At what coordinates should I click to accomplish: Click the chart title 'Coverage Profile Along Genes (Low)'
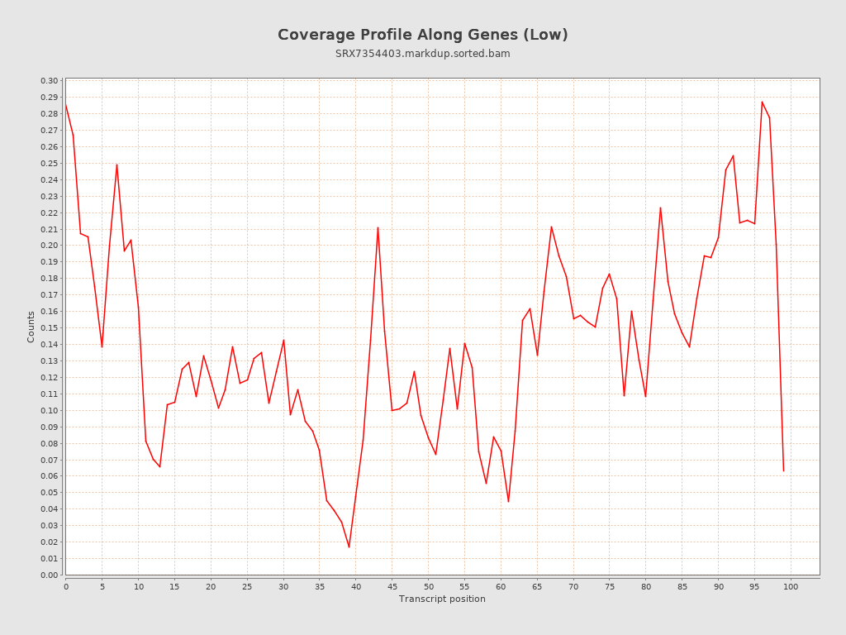click(422, 35)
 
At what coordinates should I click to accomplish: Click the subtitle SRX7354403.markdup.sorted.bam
click(422, 54)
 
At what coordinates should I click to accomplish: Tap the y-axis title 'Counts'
click(31, 327)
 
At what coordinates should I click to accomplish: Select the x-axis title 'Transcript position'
click(442, 599)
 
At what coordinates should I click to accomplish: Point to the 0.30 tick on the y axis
click(49, 81)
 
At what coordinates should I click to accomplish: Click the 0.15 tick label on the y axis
click(49, 328)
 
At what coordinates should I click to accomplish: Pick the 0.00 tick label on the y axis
click(49, 575)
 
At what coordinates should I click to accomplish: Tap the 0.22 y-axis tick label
click(49, 212)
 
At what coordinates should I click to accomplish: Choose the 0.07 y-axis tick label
click(49, 460)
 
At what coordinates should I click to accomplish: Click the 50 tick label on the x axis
click(428, 586)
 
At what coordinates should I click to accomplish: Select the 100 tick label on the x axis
click(791, 586)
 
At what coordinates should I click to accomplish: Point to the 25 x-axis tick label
click(247, 586)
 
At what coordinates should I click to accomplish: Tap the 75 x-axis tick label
click(610, 586)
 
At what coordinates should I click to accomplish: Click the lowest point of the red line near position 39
click(349, 547)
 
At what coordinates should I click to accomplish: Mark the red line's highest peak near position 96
click(762, 102)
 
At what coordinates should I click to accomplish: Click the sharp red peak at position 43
click(378, 227)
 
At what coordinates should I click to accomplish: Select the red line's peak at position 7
click(116, 165)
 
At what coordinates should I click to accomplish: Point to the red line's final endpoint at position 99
click(783, 471)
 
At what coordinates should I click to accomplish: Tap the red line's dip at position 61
click(508, 502)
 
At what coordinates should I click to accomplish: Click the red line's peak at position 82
click(660, 208)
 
